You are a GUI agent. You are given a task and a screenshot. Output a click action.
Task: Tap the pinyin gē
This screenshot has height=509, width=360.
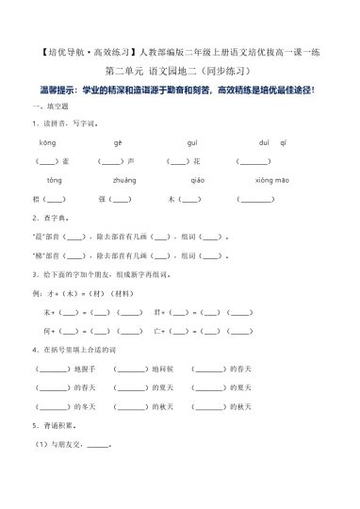pyautogui.click(x=118, y=142)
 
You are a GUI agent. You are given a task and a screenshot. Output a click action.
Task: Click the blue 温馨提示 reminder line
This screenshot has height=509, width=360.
pyautogui.click(x=181, y=90)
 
